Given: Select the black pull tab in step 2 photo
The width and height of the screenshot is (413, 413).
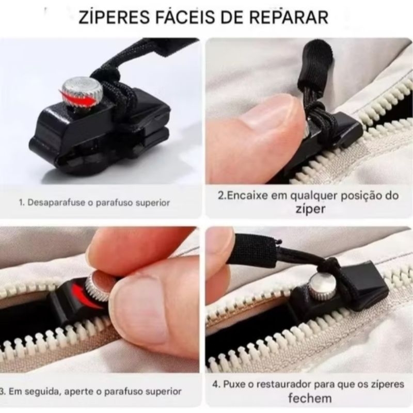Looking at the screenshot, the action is pyautogui.click(x=313, y=66).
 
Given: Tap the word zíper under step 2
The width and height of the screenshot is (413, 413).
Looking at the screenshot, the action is pyautogui.click(x=311, y=209).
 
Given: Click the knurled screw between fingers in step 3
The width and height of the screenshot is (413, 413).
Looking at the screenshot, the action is pyautogui.click(x=99, y=287).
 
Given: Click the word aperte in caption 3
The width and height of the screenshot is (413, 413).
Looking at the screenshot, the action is pyautogui.click(x=79, y=392).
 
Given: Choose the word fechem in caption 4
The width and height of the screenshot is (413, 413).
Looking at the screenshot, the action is pyautogui.click(x=310, y=398).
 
